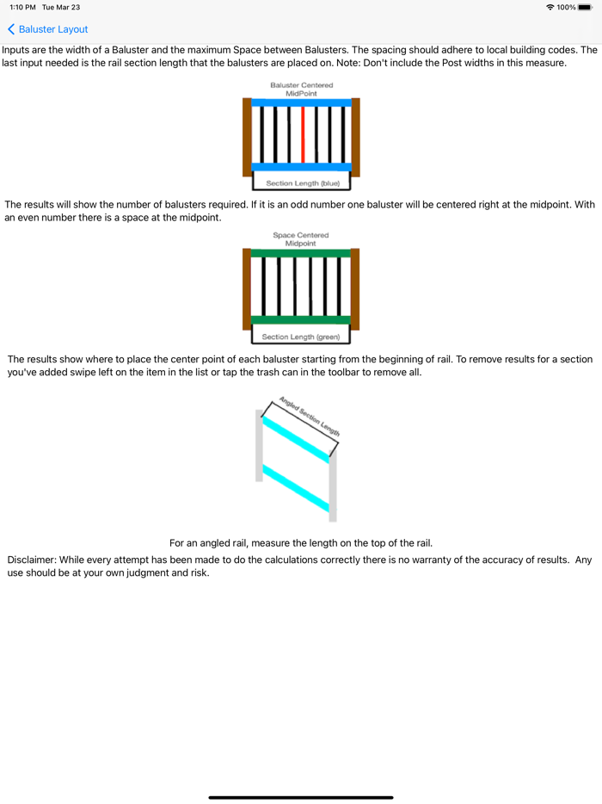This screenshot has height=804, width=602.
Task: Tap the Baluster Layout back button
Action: click(48, 29)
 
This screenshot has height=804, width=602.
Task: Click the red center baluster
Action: click(303, 134)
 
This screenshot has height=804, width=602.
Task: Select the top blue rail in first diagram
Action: click(301, 102)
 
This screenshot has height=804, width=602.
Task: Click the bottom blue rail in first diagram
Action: click(301, 167)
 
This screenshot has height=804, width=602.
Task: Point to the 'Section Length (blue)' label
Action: click(301, 183)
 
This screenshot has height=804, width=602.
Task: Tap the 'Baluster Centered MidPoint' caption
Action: click(301, 89)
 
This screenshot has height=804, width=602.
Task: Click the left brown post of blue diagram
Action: click(247, 137)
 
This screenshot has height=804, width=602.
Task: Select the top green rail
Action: click(301, 253)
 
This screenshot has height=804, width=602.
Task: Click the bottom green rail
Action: click(301, 320)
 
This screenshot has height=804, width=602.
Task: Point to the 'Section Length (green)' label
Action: click(301, 337)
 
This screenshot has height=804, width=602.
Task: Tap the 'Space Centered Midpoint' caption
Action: click(301, 239)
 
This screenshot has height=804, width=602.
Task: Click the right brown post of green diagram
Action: click(355, 289)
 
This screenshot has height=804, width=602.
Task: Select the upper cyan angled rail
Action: click(296, 439)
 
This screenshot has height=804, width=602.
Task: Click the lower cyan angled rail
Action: click(296, 489)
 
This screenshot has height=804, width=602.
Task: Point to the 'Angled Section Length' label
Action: click(310, 417)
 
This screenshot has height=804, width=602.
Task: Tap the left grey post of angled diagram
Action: click(259, 445)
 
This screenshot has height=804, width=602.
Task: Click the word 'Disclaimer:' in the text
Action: click(32, 560)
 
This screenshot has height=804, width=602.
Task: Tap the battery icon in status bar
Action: click(585, 7)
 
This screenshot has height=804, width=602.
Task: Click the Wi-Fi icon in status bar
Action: click(550, 7)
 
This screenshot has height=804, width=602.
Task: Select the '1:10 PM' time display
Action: click(22, 7)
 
